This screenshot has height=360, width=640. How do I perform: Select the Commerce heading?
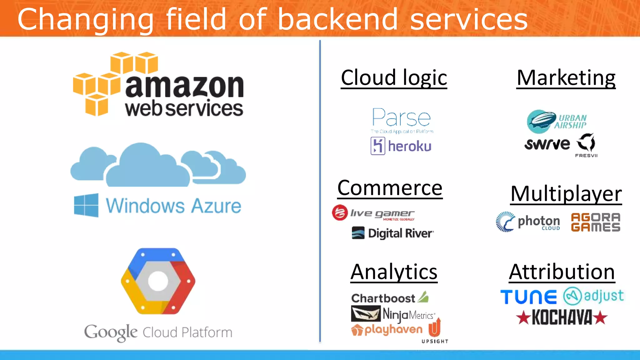390,188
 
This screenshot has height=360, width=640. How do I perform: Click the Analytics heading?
394,272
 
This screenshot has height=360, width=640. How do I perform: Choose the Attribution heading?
562,272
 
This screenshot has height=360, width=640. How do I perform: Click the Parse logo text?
402,118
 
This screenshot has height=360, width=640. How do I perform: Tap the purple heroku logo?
401,146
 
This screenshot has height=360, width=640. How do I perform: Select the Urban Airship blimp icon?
541,121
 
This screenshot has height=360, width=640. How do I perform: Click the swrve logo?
547,144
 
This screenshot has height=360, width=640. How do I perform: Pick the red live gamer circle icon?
340,213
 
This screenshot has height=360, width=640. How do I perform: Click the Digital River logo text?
400,233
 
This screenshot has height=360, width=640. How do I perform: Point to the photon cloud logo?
528,222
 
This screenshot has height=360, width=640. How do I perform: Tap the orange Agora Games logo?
595,222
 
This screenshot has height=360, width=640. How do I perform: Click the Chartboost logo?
389,298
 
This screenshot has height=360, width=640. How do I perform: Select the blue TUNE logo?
528,297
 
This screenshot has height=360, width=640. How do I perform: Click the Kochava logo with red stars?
562,317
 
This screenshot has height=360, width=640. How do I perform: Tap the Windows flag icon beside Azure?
86,205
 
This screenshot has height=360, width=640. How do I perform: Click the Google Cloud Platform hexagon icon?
158,281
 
